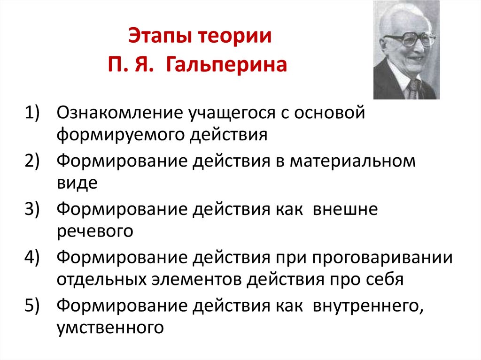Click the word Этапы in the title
[x=158, y=37]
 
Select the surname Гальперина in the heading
[x=225, y=64]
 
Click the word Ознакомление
[x=119, y=113]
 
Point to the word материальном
[x=352, y=161]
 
